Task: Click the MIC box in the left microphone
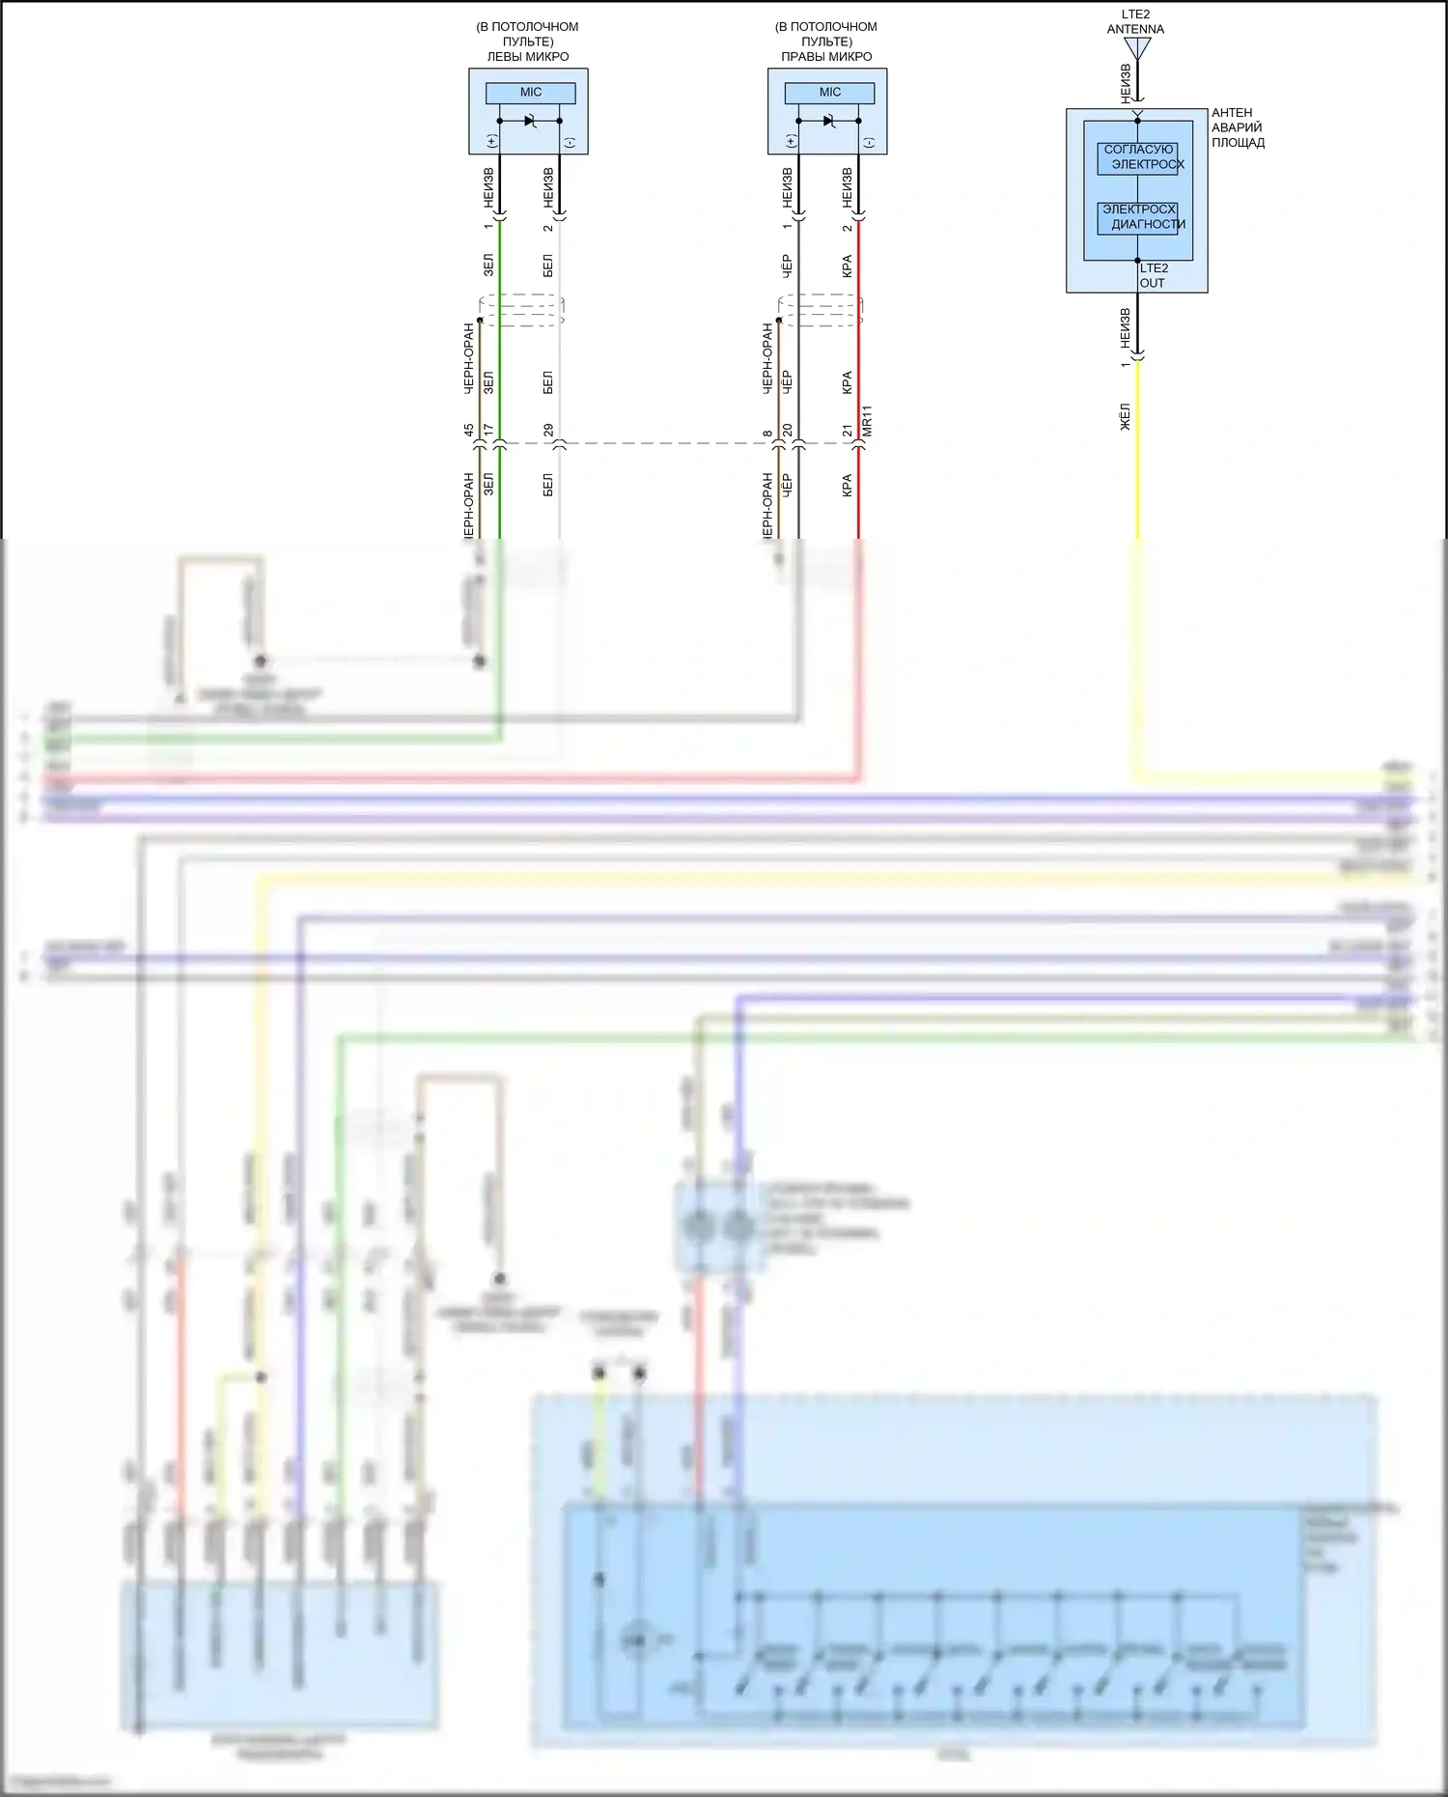[530, 93]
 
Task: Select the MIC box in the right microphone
[829, 93]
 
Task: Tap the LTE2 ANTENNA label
[1135, 22]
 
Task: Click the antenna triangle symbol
[1137, 47]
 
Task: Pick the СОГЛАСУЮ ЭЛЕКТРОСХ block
[1138, 157]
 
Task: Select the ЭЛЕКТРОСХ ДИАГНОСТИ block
[1138, 217]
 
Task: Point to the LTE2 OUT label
[1153, 275]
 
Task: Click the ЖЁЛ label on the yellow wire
[1125, 417]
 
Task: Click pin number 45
[468, 430]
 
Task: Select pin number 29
[548, 430]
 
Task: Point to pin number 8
[767, 434]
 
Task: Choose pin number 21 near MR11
[848, 430]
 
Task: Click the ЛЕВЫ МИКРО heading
[527, 56]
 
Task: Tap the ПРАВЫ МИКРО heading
[826, 56]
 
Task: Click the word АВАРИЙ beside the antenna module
[1237, 127]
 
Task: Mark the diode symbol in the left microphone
[530, 121]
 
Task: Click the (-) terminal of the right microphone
[869, 142]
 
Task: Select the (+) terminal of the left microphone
[492, 142]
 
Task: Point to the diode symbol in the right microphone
[829, 121]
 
